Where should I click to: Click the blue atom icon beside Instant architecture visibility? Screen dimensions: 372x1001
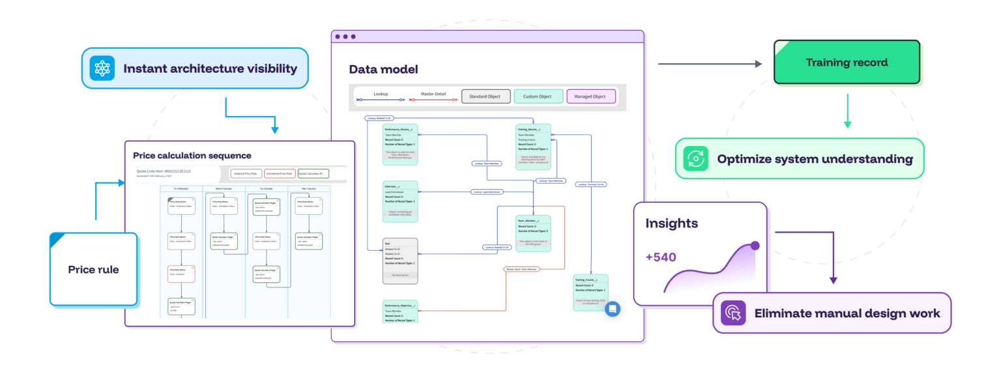coord(102,68)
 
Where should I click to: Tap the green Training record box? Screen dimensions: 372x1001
coord(847,63)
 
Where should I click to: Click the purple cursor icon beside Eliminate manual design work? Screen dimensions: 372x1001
coord(733,313)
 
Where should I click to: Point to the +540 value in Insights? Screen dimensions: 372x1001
coord(661,257)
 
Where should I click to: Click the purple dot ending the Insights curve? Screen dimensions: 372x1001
coord(755,246)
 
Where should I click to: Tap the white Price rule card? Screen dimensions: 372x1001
coord(94,269)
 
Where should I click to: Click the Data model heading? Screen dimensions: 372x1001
coord(383,69)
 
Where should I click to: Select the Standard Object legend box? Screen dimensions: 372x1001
coord(486,96)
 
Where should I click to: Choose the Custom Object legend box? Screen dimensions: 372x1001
coord(538,96)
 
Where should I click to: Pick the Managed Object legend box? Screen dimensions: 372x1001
coord(590,96)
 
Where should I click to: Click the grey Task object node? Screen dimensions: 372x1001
coord(400,261)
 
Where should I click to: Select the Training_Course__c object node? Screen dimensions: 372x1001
coord(590,292)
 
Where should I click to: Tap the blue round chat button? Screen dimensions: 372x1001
coord(612,309)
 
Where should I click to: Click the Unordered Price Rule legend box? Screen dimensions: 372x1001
coord(279,173)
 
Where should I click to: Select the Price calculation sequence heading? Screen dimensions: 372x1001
coord(192,156)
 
